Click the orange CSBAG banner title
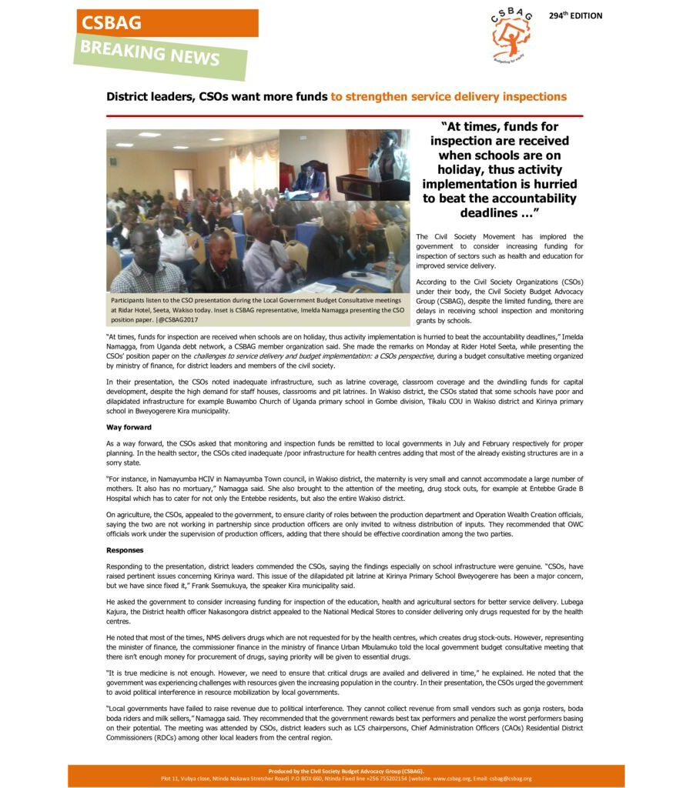tap(112, 23)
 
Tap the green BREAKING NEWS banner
tap(150, 55)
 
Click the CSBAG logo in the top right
tap(511, 38)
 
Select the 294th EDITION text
tap(575, 16)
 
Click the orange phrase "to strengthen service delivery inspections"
tap(449, 97)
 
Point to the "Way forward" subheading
tap(129, 427)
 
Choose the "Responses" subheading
tap(124, 550)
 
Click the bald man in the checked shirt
tap(146, 262)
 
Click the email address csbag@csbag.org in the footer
tap(511, 778)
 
